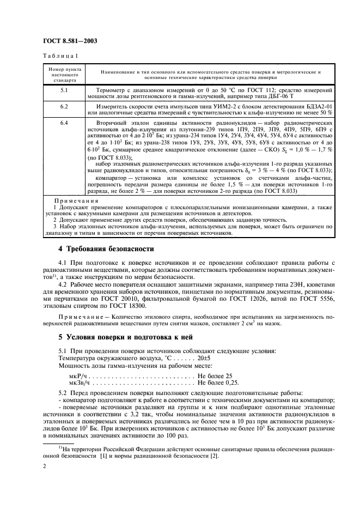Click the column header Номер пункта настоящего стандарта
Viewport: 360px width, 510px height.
(64, 74)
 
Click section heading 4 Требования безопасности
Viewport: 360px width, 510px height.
(106, 249)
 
